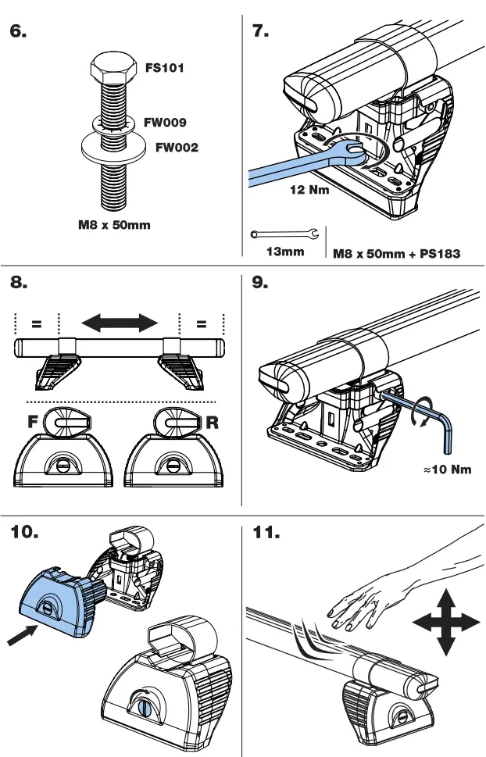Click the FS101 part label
tap(164, 68)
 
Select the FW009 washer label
tap(165, 123)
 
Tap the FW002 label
tap(177, 147)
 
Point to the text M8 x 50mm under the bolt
tap(114, 227)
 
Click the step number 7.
tap(260, 32)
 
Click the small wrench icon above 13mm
tap(285, 234)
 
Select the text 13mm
tap(286, 252)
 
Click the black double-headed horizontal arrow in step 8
tap(120, 322)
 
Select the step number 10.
tap(30, 534)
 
